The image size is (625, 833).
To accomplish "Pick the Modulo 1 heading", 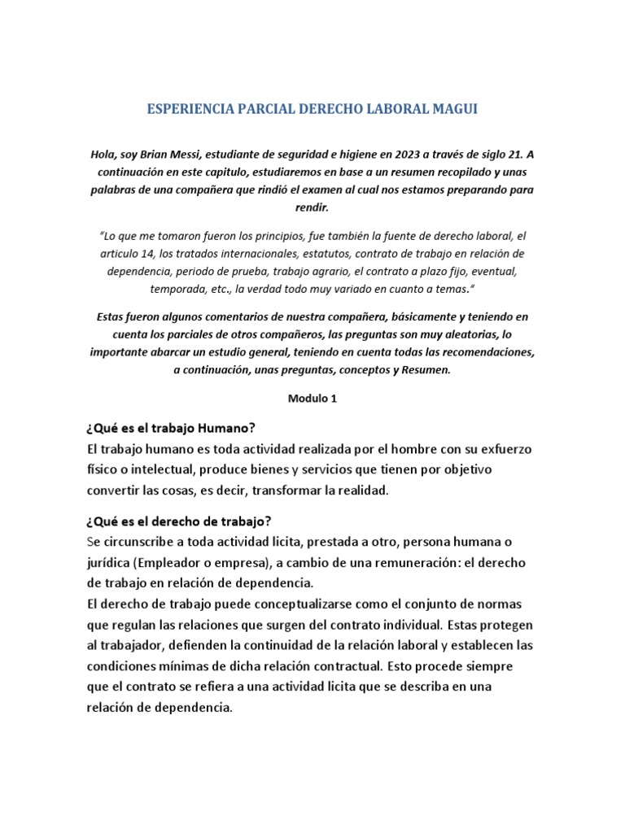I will [312, 399].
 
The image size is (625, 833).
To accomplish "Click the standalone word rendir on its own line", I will [312, 207].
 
